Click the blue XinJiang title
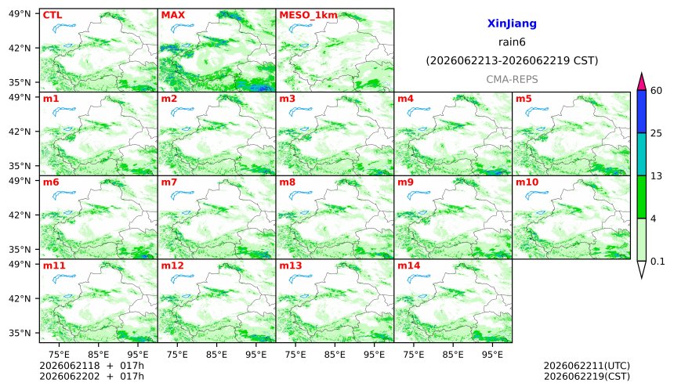click(512, 23)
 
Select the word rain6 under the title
click(512, 42)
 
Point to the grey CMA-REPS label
click(512, 79)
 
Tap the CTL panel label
click(53, 15)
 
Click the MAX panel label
click(172, 15)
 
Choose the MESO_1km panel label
click(308, 16)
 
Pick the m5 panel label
click(524, 99)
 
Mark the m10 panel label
click(527, 182)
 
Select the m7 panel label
click(169, 182)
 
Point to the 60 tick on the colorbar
click(656, 91)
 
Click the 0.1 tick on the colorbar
click(658, 261)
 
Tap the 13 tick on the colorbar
click(656, 176)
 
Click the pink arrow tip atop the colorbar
click(641, 74)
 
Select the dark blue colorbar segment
click(641, 112)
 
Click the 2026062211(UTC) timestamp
click(587, 366)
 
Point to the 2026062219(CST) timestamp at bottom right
click(587, 377)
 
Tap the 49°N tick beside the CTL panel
click(20, 14)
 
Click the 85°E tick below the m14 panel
click(453, 355)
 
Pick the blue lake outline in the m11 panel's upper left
click(64, 279)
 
